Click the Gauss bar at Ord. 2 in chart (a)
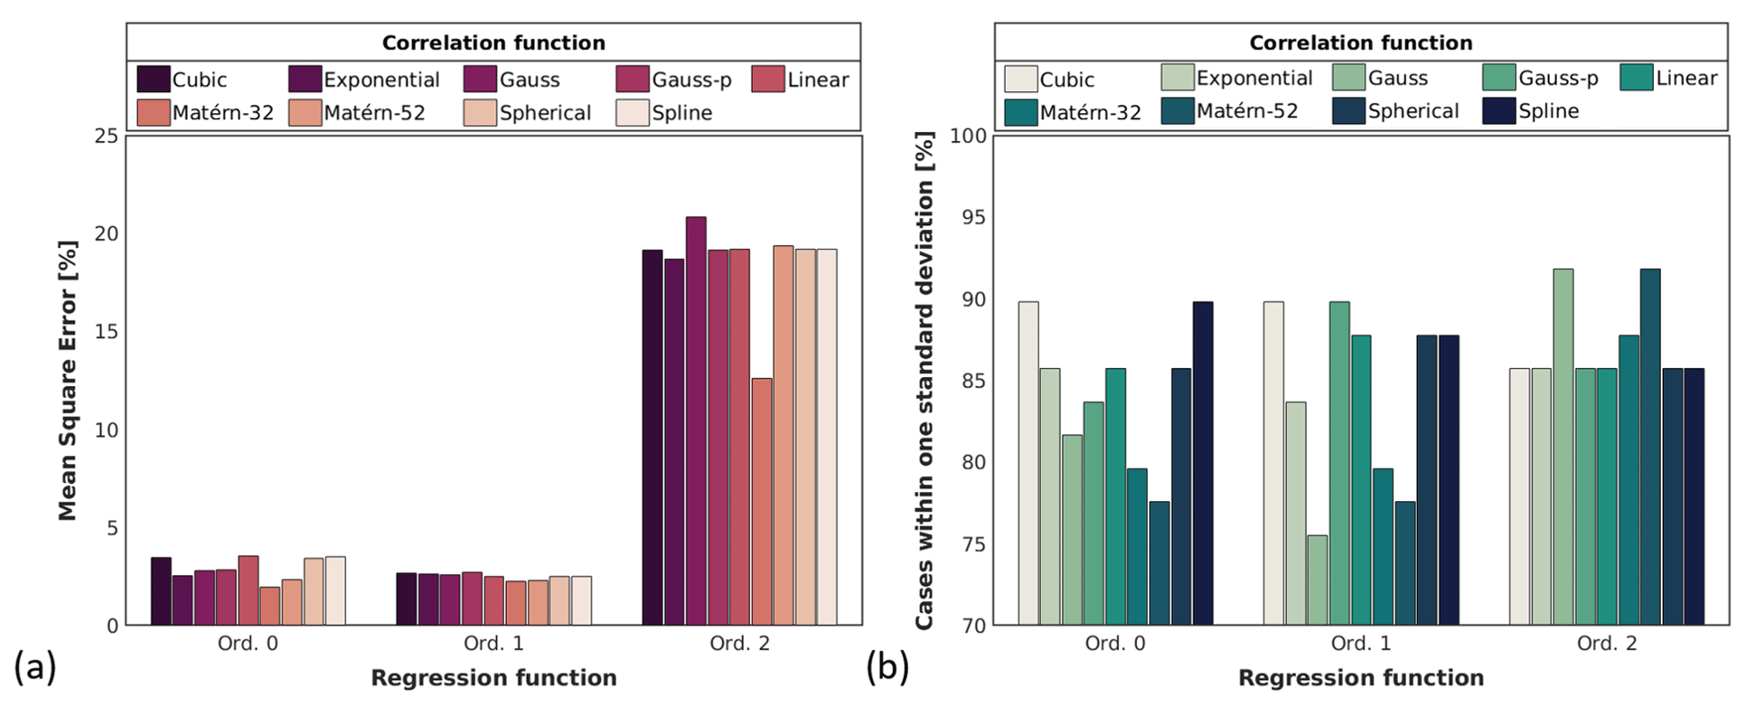point(696,420)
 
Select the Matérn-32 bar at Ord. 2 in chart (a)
point(762,502)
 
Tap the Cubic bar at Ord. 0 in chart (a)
point(161,591)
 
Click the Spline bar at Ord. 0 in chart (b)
point(1203,463)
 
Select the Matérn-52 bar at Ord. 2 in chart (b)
point(1650,447)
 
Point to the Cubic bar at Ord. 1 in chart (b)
point(1273,463)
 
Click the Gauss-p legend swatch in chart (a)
point(633,80)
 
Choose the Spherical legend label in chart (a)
point(545,113)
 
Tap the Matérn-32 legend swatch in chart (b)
point(1020,112)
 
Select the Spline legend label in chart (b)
point(1548,111)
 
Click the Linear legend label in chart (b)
point(1686,79)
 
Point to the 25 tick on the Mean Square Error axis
point(106,136)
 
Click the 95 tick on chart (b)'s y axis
point(973,217)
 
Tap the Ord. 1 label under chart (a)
point(493,644)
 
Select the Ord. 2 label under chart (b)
point(1607,644)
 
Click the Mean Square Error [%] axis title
point(68,380)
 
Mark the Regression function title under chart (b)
point(1360,678)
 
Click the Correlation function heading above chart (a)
point(493,42)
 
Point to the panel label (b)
point(887,667)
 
